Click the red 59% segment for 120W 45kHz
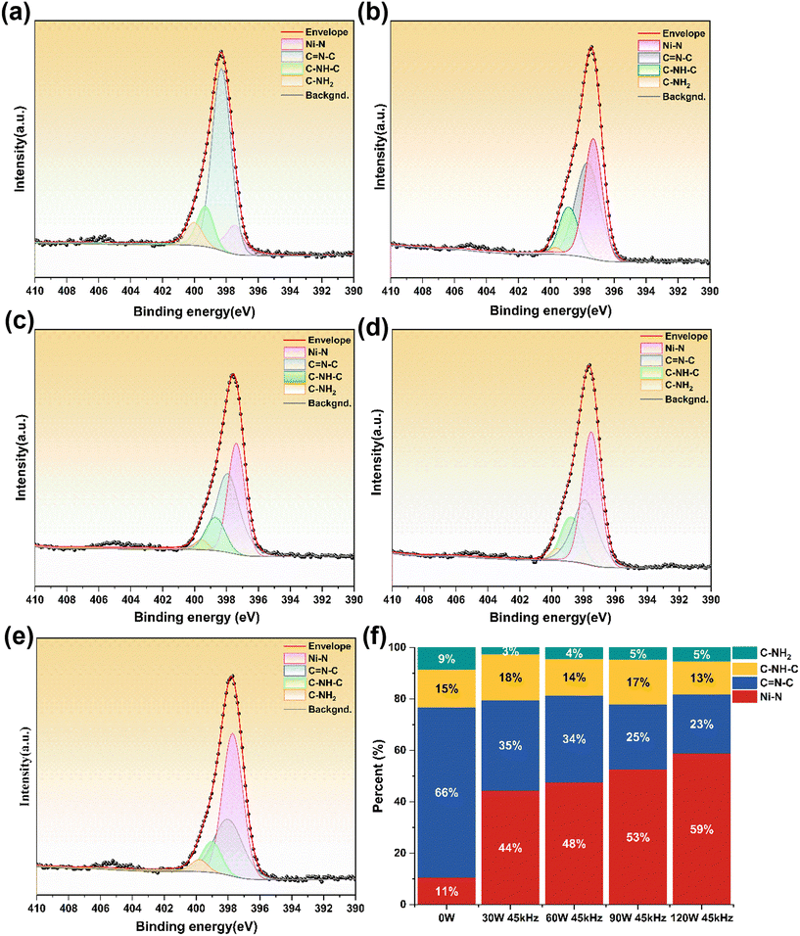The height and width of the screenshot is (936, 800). click(x=700, y=829)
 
